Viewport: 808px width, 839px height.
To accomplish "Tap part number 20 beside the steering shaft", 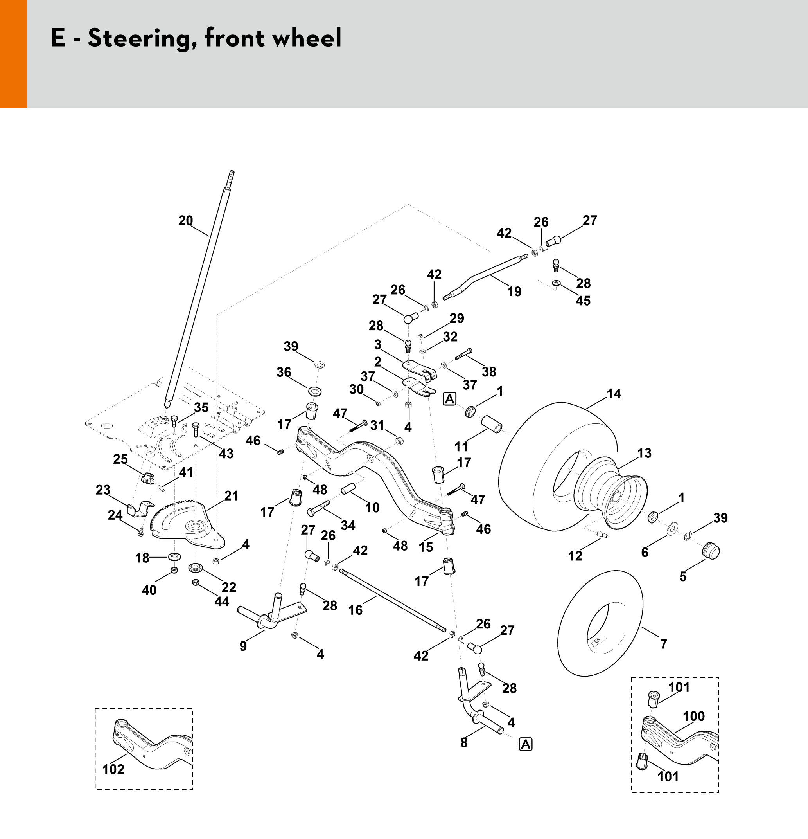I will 186,221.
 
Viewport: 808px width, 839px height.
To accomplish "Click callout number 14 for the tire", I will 614,394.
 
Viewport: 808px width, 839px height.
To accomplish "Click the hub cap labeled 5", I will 711,551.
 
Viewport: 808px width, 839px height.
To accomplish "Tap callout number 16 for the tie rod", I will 356,610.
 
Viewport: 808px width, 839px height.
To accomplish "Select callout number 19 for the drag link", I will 514,292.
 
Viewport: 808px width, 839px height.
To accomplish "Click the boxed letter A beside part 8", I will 525,744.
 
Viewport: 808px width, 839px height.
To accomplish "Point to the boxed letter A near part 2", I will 449,399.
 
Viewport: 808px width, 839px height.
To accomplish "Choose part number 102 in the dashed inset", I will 113,769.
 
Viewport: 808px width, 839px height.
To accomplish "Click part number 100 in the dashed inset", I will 694,716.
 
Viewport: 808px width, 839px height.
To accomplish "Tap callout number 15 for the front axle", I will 426,547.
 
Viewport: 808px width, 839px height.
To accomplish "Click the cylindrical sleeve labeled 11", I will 492,423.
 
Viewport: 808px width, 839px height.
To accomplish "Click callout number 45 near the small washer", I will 583,301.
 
